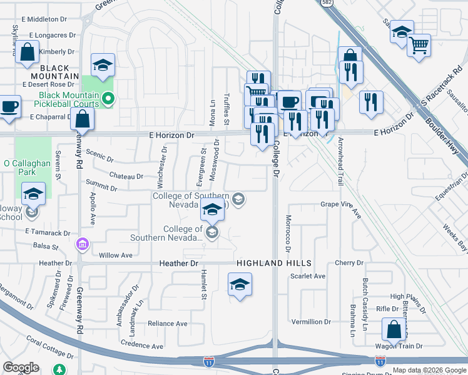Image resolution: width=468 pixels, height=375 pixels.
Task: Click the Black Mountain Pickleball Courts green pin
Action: pyautogui.click(x=108, y=98)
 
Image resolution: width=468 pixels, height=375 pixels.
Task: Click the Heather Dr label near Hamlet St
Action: pyautogui.click(x=180, y=264)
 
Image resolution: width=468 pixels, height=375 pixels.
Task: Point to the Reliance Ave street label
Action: pyautogui.click(x=167, y=324)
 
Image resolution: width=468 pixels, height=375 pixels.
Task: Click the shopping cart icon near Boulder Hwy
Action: pyautogui.click(x=419, y=45)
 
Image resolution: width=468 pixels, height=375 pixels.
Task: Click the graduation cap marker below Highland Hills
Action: pyautogui.click(x=240, y=285)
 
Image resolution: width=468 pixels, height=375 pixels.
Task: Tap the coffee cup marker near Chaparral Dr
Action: pyautogui.click(x=9, y=106)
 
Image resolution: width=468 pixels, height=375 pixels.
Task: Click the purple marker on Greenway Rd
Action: pyautogui.click(x=81, y=243)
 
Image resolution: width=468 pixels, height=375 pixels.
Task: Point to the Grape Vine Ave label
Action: pyautogui.click(x=341, y=208)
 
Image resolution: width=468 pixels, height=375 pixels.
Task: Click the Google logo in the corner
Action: pyautogui.click(x=21, y=367)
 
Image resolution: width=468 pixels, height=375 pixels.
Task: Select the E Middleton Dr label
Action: pyautogui.click(x=45, y=20)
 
